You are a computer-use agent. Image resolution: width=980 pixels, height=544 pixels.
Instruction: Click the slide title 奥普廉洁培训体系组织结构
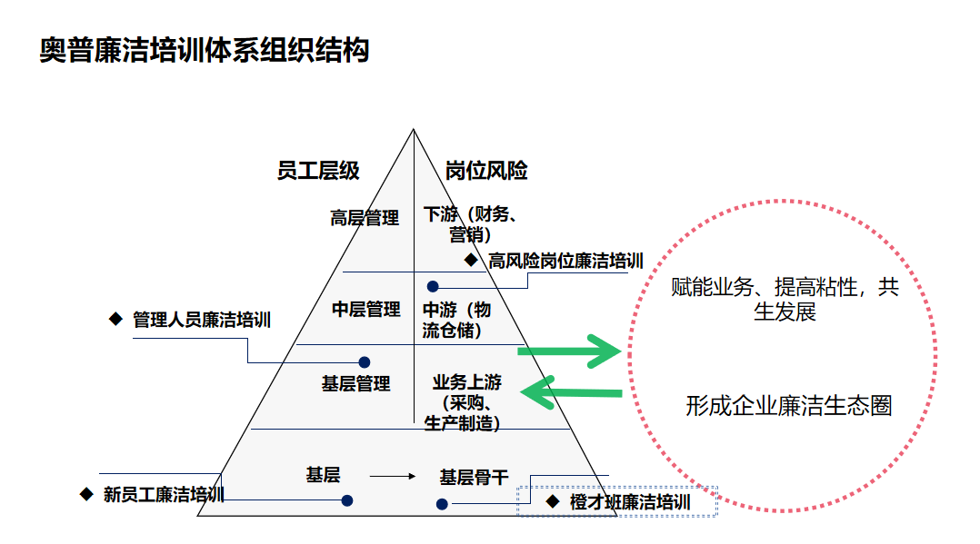coord(205,50)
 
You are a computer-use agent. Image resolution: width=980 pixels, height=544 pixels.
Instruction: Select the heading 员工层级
coord(318,171)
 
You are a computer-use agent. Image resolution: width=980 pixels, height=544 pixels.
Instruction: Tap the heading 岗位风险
coord(486,171)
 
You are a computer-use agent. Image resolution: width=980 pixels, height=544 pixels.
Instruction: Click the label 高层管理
coord(365,218)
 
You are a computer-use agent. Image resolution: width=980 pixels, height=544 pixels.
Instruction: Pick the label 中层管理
coord(365,310)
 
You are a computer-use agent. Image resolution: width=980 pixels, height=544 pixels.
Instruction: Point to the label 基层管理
coord(355,383)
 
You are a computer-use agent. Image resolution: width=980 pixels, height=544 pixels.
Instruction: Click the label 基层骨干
coord(474,477)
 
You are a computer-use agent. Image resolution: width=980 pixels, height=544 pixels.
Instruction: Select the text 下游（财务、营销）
coord(471,224)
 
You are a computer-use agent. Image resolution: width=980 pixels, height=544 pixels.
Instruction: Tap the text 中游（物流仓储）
coord(459,320)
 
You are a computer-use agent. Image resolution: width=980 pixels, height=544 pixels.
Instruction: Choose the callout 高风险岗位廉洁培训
coord(565,262)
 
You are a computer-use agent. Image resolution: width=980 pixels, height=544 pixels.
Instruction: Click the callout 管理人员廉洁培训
coord(201,320)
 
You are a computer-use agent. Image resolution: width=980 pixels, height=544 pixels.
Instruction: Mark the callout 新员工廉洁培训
coord(163,495)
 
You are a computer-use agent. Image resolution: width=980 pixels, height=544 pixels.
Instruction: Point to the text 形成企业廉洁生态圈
coord(788,405)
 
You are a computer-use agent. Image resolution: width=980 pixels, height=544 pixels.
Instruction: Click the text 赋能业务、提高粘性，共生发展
coord(785,300)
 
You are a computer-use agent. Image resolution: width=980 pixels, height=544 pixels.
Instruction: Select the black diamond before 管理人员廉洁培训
coord(115,319)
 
